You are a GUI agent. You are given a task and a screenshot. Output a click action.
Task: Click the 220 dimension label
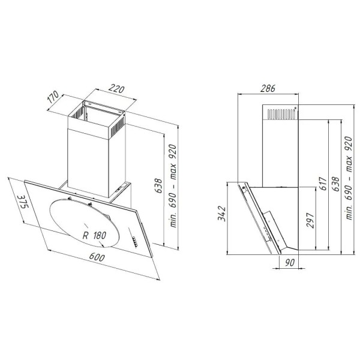coord(116,89)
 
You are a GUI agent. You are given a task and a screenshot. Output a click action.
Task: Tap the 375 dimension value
coord(23,202)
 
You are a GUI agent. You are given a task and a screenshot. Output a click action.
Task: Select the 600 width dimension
coord(97,257)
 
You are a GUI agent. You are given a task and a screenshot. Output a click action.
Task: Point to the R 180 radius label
coord(94,235)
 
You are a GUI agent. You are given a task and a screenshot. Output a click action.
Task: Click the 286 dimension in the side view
coord(268,88)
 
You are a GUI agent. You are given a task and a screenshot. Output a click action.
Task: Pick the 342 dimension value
coord(222,214)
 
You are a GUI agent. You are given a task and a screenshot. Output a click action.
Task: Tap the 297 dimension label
coord(310,220)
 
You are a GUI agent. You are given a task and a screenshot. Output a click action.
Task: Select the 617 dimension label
coord(323,183)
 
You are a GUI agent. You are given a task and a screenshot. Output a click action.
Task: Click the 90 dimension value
coord(290,263)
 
